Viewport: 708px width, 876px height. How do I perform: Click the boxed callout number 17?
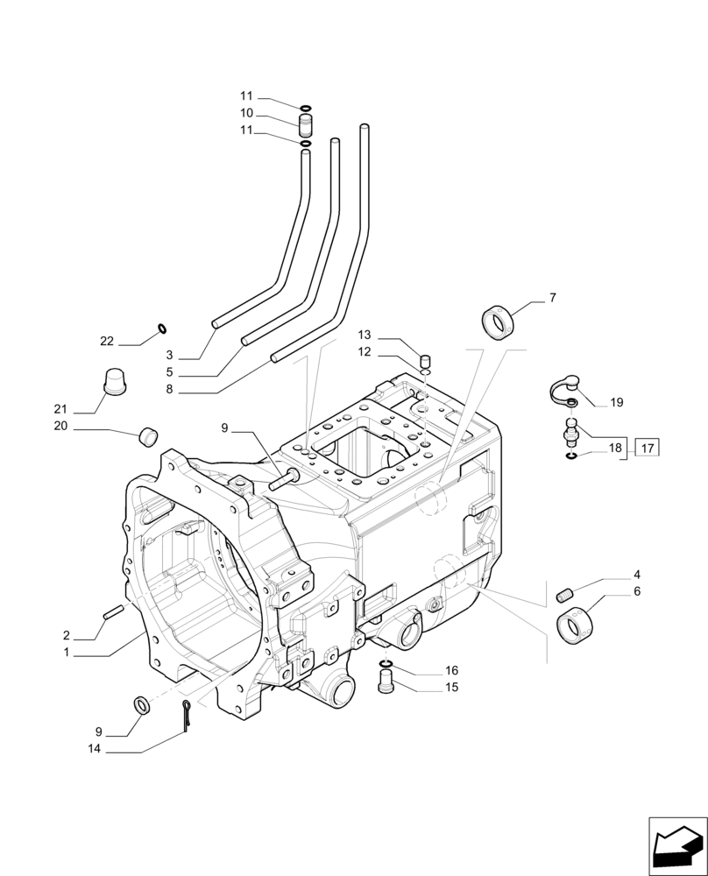click(x=647, y=449)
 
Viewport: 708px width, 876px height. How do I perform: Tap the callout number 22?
click(x=107, y=341)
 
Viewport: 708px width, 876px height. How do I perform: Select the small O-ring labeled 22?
click(x=162, y=329)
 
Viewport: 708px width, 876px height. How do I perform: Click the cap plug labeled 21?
click(x=115, y=382)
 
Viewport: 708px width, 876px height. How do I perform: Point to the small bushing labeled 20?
click(x=149, y=434)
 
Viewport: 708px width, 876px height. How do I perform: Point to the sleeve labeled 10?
click(x=306, y=119)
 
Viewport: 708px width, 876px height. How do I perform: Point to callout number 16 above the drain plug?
click(x=451, y=670)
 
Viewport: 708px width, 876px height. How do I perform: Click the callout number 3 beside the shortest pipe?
click(x=170, y=356)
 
